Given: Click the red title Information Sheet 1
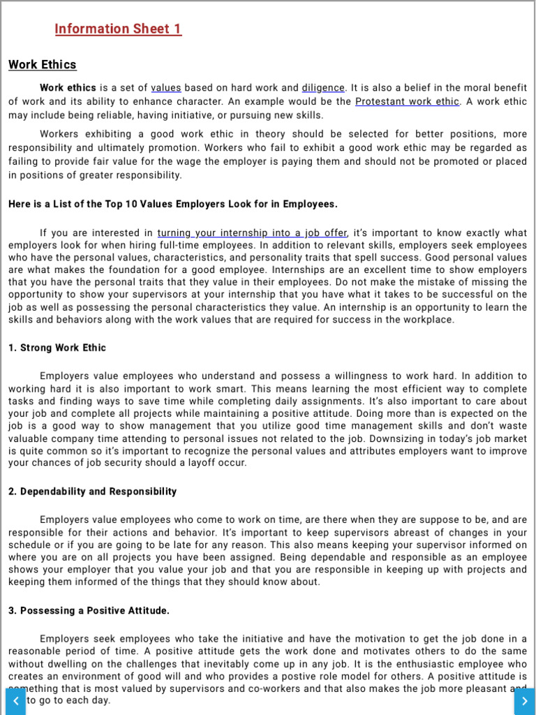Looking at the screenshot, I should coord(118,29).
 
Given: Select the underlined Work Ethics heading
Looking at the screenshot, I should coord(42,65).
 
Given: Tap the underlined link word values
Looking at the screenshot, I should coord(166,88).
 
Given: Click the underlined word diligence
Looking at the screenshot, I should coord(323,88).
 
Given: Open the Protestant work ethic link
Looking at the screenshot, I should coord(408,101).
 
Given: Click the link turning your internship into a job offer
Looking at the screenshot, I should coord(252,233).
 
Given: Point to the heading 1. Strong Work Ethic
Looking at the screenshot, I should coord(57,348).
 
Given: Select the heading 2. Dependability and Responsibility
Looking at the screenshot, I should coord(93,492).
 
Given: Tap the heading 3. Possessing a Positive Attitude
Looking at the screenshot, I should coord(89,611).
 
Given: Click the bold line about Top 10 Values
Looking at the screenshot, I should coord(173,205).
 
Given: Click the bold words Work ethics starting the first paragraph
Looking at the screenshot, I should coord(68,88).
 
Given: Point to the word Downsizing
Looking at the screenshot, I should coord(378,438).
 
